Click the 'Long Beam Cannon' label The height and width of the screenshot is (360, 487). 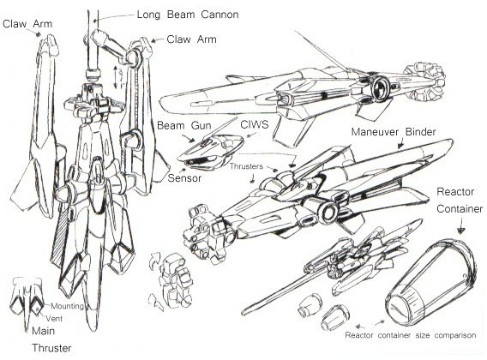[188, 15]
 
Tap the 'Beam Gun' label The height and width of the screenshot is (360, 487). [184, 125]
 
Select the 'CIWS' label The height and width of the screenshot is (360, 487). [255, 124]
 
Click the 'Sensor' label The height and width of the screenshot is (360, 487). [184, 178]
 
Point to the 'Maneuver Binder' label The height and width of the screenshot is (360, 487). [394, 132]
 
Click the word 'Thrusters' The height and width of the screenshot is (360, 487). [246, 166]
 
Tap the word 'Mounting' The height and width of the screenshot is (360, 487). [67, 306]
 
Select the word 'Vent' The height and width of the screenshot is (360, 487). [54, 318]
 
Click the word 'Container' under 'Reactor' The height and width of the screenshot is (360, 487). [460, 209]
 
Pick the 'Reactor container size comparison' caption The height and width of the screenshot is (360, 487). [411, 335]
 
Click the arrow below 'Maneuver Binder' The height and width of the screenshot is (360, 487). [401, 143]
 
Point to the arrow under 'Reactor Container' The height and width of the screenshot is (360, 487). [461, 225]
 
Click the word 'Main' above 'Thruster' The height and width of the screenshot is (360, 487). [43, 331]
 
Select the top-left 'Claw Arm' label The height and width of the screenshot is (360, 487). [27, 24]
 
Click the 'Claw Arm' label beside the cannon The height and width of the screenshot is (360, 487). [191, 39]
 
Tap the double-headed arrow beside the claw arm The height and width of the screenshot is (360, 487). [115, 77]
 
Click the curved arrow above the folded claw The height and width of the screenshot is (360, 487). [153, 259]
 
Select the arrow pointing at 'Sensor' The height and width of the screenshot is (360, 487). [183, 171]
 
